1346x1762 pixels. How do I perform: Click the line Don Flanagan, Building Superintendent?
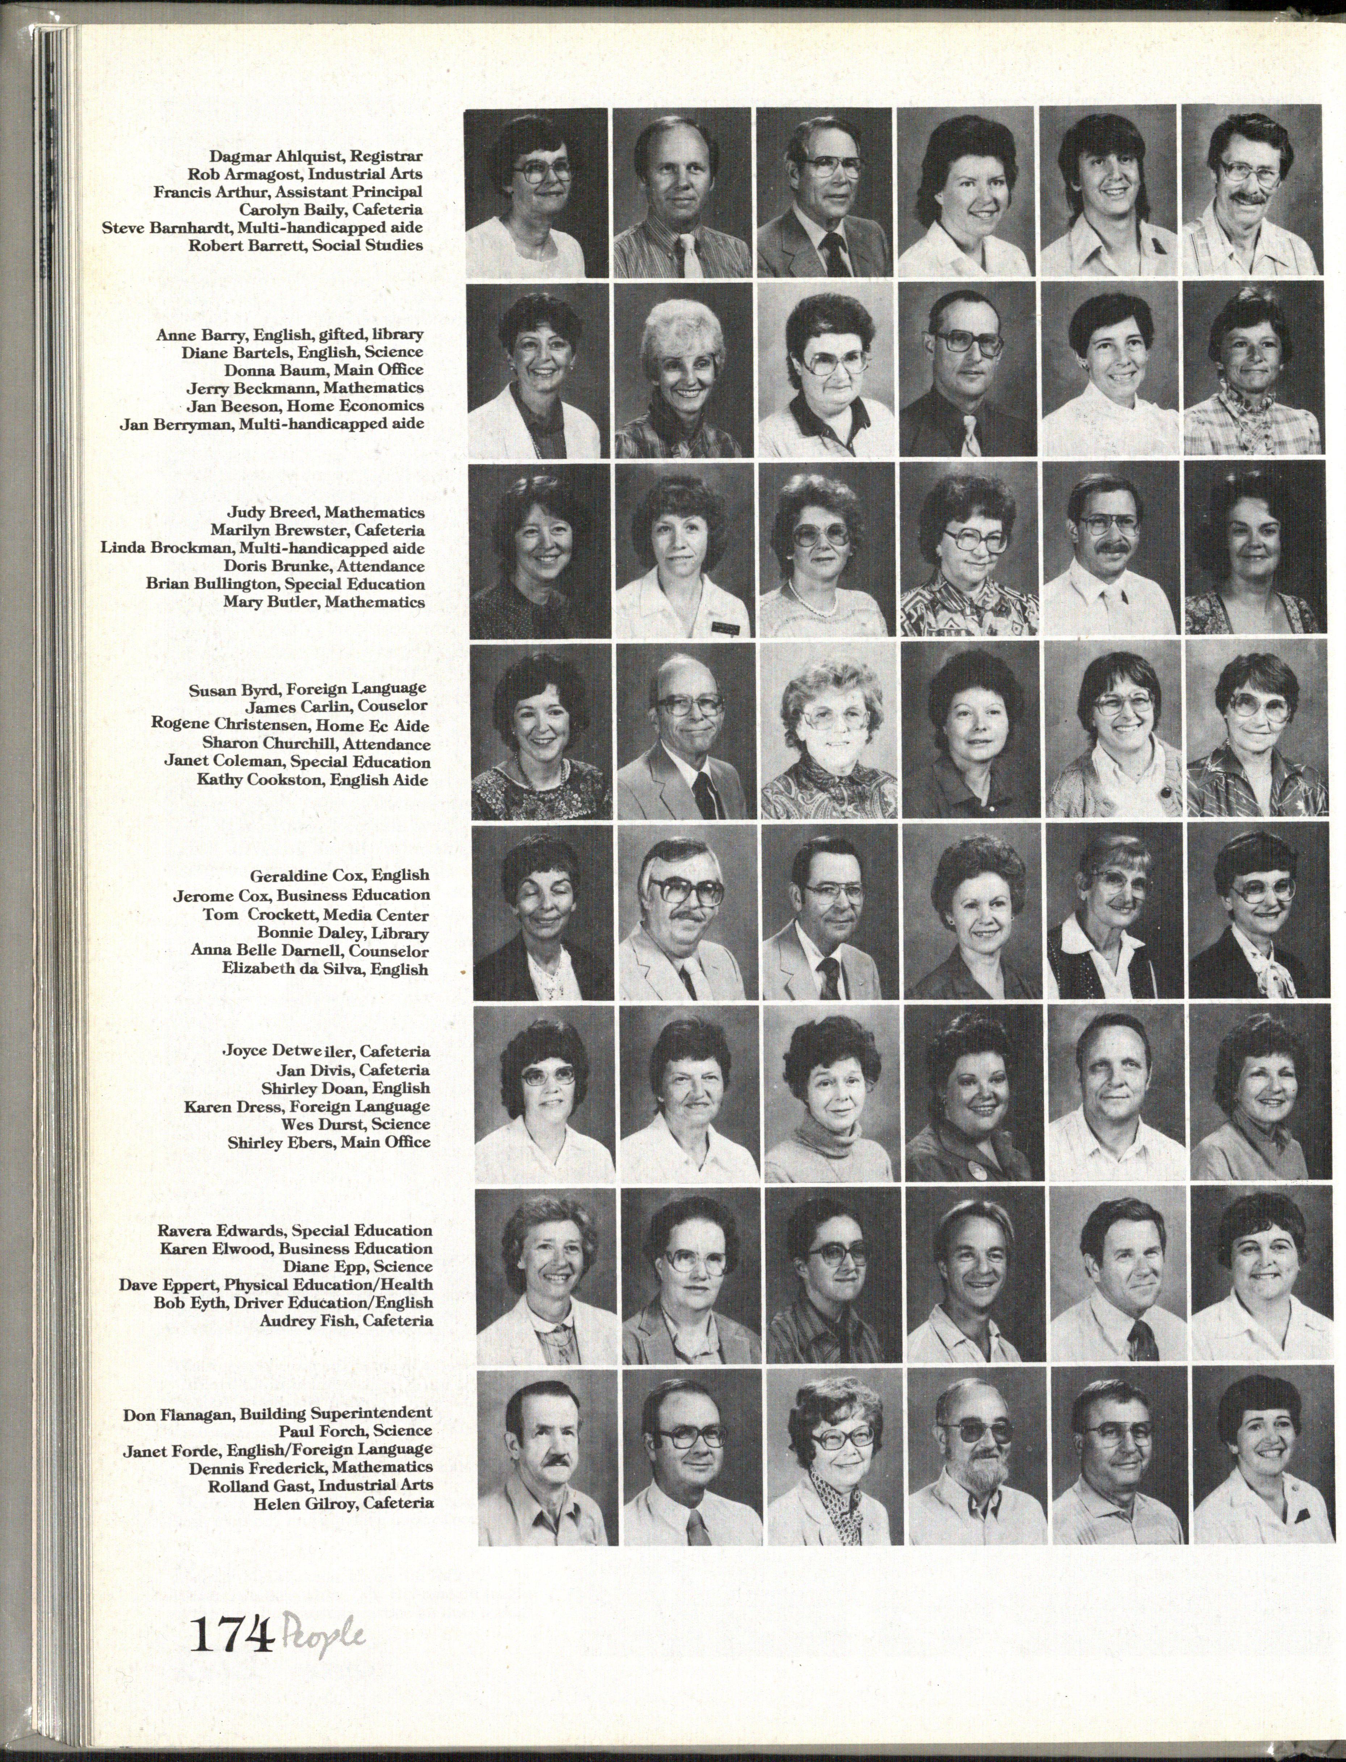tap(277, 1413)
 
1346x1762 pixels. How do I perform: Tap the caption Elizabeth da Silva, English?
tap(325, 969)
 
